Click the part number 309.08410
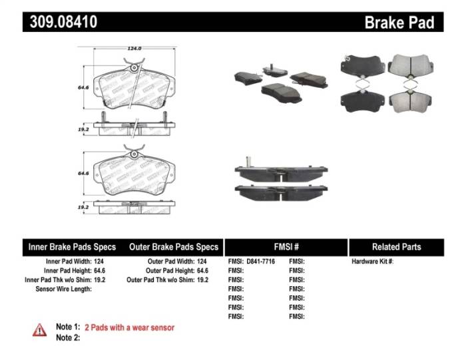point(64,22)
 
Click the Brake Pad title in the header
point(399,23)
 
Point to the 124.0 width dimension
point(138,48)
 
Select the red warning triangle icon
point(40,329)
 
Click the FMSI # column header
point(286,247)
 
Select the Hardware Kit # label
point(373,262)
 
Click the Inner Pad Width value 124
point(109,262)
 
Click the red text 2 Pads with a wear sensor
point(129,327)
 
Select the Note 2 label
point(67,337)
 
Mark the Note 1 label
point(67,327)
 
